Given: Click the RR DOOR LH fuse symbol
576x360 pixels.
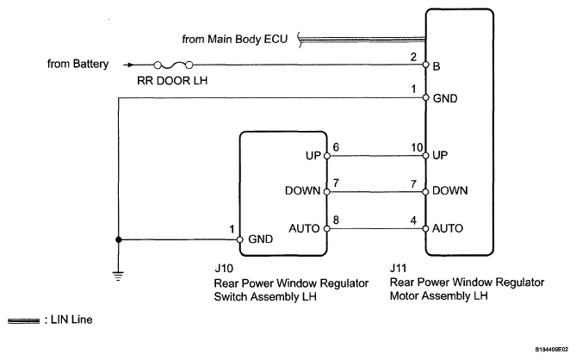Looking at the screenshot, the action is pos(173,65).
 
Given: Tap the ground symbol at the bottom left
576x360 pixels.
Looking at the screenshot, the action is pos(118,276).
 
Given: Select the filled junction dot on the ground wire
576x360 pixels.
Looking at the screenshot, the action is pos(118,239).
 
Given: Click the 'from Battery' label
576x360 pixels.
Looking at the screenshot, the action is pos(77,64).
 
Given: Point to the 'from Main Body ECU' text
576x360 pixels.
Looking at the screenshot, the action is pos(235,39).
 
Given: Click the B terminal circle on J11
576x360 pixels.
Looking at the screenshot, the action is pos(425,65).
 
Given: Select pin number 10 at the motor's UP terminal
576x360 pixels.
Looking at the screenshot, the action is pos(417,147).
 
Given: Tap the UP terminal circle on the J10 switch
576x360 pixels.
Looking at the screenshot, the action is pos(327,156).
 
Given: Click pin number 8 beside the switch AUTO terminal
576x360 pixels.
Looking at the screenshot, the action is pos(336,220).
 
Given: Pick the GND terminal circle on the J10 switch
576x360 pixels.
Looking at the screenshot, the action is pos(240,239).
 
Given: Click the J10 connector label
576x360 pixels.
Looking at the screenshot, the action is pos(224,269).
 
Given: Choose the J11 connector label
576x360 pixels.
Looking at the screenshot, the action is pos(398,268).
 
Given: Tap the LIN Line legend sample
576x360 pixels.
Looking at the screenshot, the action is pos(23,321).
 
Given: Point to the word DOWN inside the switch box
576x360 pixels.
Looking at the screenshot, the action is pos(303,190).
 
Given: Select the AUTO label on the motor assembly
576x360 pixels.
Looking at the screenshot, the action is pos(448,228).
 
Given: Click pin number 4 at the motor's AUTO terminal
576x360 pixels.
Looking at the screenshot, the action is pos(413,220).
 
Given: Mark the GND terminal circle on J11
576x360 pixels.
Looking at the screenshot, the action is pos(425,97).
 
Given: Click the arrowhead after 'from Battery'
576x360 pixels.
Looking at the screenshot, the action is pos(130,65).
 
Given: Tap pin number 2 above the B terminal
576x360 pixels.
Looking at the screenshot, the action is pos(413,57).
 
